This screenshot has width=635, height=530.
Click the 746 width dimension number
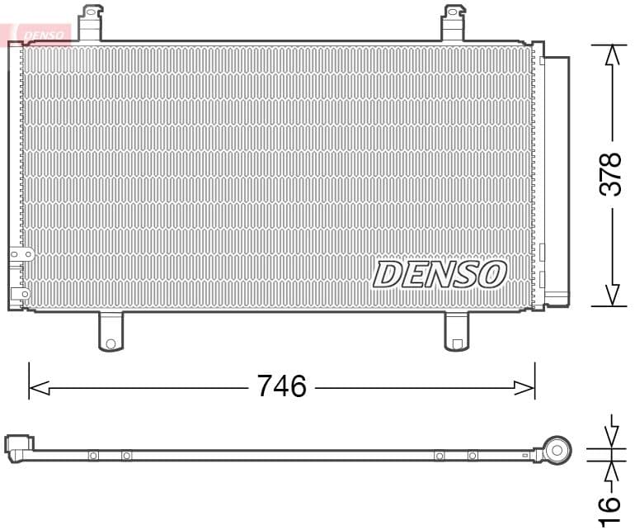click(x=281, y=386)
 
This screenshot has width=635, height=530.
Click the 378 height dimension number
click(x=610, y=173)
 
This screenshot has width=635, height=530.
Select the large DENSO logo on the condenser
click(x=440, y=275)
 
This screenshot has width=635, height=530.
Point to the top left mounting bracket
click(x=92, y=21)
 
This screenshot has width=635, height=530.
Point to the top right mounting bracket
click(x=454, y=21)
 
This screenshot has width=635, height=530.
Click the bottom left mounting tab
click(x=111, y=332)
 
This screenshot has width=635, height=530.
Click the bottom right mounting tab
click(x=456, y=332)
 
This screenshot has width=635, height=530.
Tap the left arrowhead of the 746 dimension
click(x=38, y=386)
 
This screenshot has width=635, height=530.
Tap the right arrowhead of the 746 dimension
click(x=525, y=386)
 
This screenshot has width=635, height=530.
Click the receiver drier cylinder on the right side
click(x=557, y=177)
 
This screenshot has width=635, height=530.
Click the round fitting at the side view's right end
click(x=557, y=451)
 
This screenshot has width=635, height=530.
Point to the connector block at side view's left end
click(x=18, y=446)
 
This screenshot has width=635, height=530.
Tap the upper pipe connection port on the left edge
click(x=21, y=255)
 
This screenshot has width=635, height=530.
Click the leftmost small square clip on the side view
click(x=93, y=455)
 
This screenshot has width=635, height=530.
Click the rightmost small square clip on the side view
click(x=472, y=455)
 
